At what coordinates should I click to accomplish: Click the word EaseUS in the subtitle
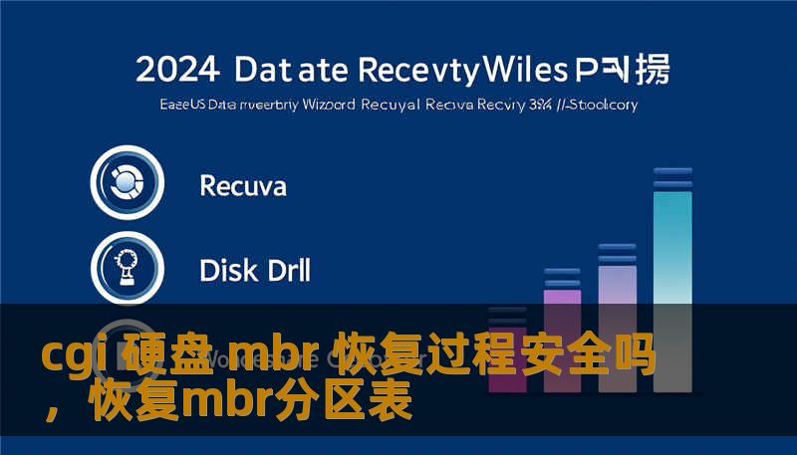(181, 104)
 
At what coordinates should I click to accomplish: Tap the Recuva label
(243, 185)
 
